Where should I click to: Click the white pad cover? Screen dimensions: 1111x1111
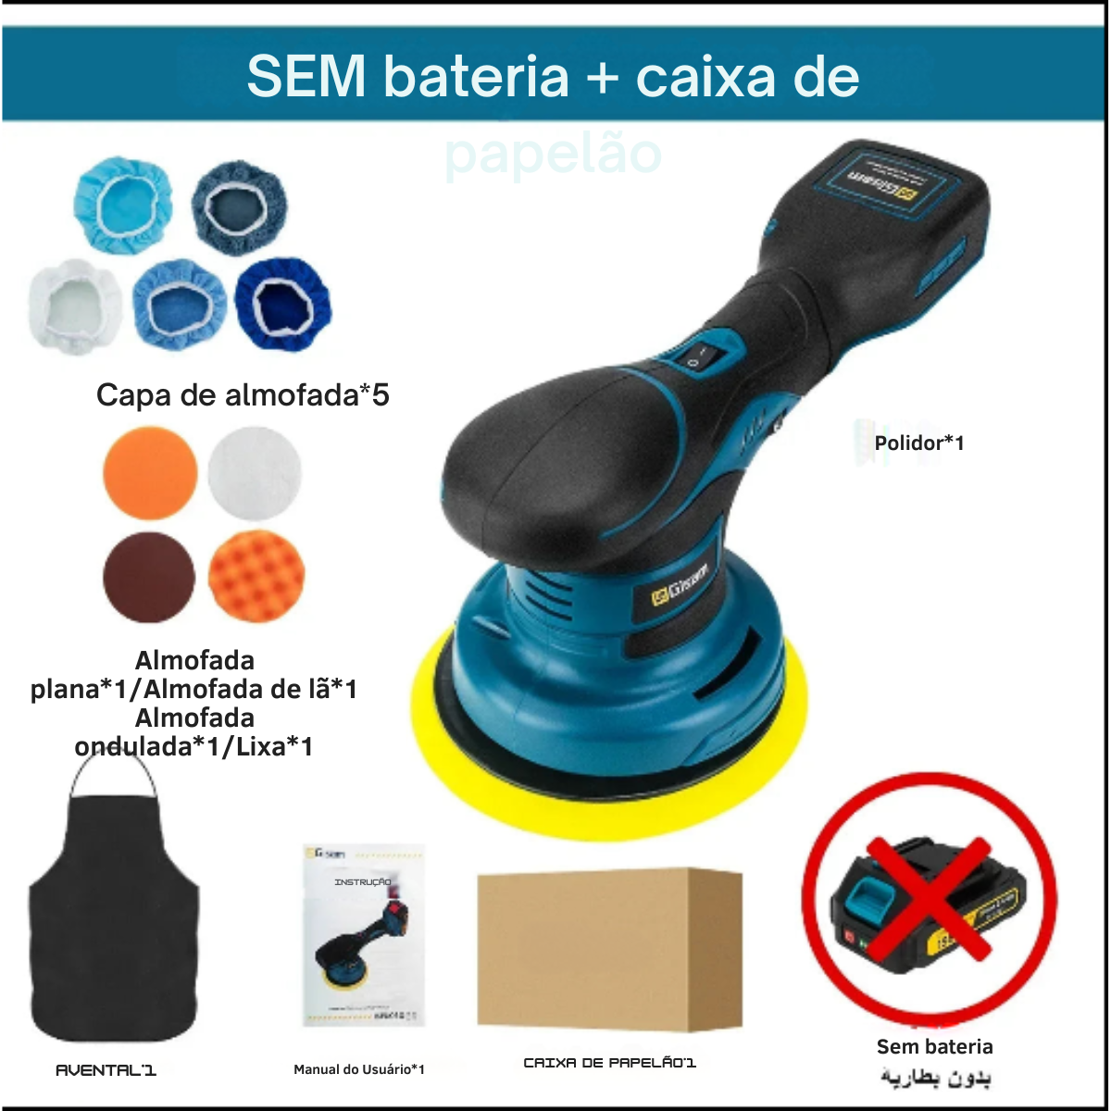(x=76, y=306)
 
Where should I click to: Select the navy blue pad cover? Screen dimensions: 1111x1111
(x=282, y=304)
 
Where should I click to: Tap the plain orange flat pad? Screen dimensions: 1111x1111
(x=150, y=472)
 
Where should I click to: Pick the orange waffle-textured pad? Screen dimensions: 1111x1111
(x=256, y=576)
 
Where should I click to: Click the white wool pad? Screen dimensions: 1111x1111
(x=255, y=472)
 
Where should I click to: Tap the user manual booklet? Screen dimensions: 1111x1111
(x=363, y=935)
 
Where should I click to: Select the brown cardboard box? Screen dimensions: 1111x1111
(x=609, y=949)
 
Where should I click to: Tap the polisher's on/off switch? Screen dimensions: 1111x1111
(x=697, y=357)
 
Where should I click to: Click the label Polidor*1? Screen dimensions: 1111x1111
(x=919, y=443)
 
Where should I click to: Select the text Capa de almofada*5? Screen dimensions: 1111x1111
(x=243, y=395)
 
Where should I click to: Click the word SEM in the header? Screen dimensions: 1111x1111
(x=306, y=77)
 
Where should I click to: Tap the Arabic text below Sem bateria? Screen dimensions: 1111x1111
(x=935, y=1079)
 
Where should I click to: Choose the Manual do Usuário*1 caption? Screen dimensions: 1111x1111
(x=359, y=1069)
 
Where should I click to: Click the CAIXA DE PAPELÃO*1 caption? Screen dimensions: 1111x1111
(x=609, y=1063)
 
